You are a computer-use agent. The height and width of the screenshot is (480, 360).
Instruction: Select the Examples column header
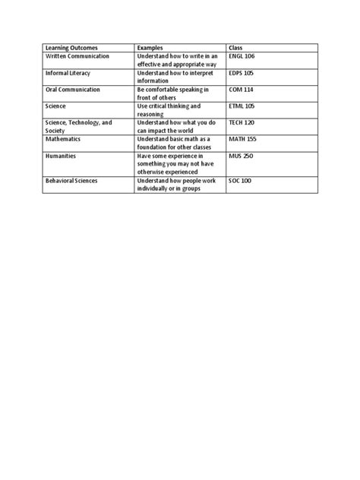pos(150,47)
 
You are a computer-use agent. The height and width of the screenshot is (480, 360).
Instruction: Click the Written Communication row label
pos(77,56)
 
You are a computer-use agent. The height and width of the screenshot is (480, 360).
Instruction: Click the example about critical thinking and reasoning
pos(169,111)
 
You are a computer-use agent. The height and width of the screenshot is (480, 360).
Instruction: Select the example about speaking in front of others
pos(172,94)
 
